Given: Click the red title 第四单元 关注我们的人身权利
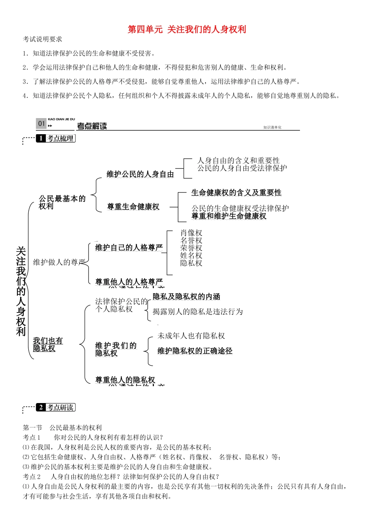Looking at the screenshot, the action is pyautogui.click(x=187, y=30).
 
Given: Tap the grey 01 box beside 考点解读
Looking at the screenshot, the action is pyautogui.click(x=41, y=124).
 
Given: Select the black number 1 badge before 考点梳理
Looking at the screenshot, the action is pyautogui.click(x=41, y=139).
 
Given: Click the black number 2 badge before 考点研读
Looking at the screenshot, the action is pyautogui.click(x=41, y=407).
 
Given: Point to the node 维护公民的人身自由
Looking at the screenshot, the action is pyautogui.click(x=140, y=174).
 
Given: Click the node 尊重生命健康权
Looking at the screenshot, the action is pyautogui.click(x=133, y=207).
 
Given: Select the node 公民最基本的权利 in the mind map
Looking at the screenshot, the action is pyautogui.click(x=62, y=202).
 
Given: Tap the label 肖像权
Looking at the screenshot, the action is pyautogui.click(x=191, y=233).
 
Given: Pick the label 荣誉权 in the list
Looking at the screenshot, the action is pyautogui.click(x=191, y=248).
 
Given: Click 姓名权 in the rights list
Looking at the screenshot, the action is pyautogui.click(x=191, y=255).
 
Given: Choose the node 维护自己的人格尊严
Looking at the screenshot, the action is pyautogui.click(x=129, y=248).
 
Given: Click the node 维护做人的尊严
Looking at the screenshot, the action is pyautogui.click(x=59, y=262).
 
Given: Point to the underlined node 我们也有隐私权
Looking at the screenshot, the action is pyautogui.click(x=48, y=344).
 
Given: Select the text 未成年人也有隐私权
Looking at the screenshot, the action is pyautogui.click(x=191, y=336).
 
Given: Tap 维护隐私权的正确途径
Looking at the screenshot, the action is pyautogui.click(x=195, y=351).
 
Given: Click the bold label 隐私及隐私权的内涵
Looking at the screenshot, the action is pyautogui.click(x=186, y=296).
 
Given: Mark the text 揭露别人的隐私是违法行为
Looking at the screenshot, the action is pyautogui.click(x=198, y=312).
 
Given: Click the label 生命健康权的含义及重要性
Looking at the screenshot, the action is pyautogui.click(x=236, y=192).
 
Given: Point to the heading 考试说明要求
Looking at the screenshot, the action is pyautogui.click(x=43, y=39).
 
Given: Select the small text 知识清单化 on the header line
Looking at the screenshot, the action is pyautogui.click(x=272, y=128).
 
